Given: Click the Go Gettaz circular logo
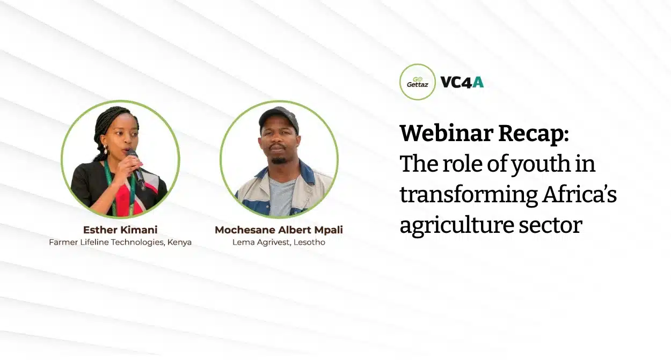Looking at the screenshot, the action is [x=417, y=82].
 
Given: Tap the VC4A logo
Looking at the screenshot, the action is [x=462, y=83].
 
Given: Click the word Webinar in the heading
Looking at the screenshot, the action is [x=446, y=133].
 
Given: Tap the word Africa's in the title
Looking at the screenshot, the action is [x=580, y=194].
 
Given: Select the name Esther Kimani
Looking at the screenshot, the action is [x=120, y=230].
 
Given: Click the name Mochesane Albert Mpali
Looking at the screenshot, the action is [x=279, y=230].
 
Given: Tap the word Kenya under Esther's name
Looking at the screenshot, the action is [x=179, y=243].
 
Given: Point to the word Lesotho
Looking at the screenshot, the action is [x=309, y=242].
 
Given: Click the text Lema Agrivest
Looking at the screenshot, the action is [x=261, y=243].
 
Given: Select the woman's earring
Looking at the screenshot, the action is [x=105, y=149].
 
